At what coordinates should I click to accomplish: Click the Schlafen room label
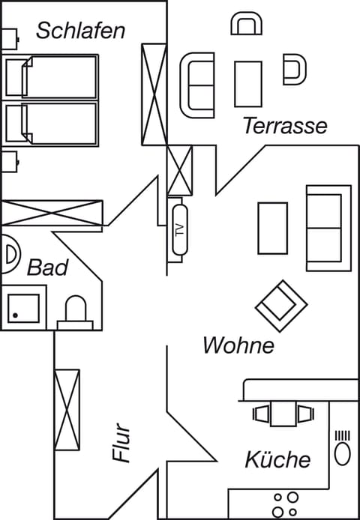point(80,31)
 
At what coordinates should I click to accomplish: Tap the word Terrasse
point(284,126)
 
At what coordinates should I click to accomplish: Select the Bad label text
point(48,267)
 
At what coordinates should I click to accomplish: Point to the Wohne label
point(238,345)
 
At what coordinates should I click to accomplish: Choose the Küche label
point(277,459)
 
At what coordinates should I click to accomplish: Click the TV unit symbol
point(178,230)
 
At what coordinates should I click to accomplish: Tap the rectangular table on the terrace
point(247,84)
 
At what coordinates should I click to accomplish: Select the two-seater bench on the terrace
point(197,84)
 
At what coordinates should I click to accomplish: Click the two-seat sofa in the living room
point(328,227)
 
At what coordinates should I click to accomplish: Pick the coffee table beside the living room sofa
point(272,229)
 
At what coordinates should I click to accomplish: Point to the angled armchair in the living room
point(281,305)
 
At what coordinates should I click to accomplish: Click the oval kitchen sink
point(342,454)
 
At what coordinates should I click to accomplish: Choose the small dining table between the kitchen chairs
point(283,414)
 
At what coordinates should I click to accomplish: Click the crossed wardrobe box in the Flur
point(67,409)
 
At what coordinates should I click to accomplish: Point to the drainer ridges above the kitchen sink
point(342,435)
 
